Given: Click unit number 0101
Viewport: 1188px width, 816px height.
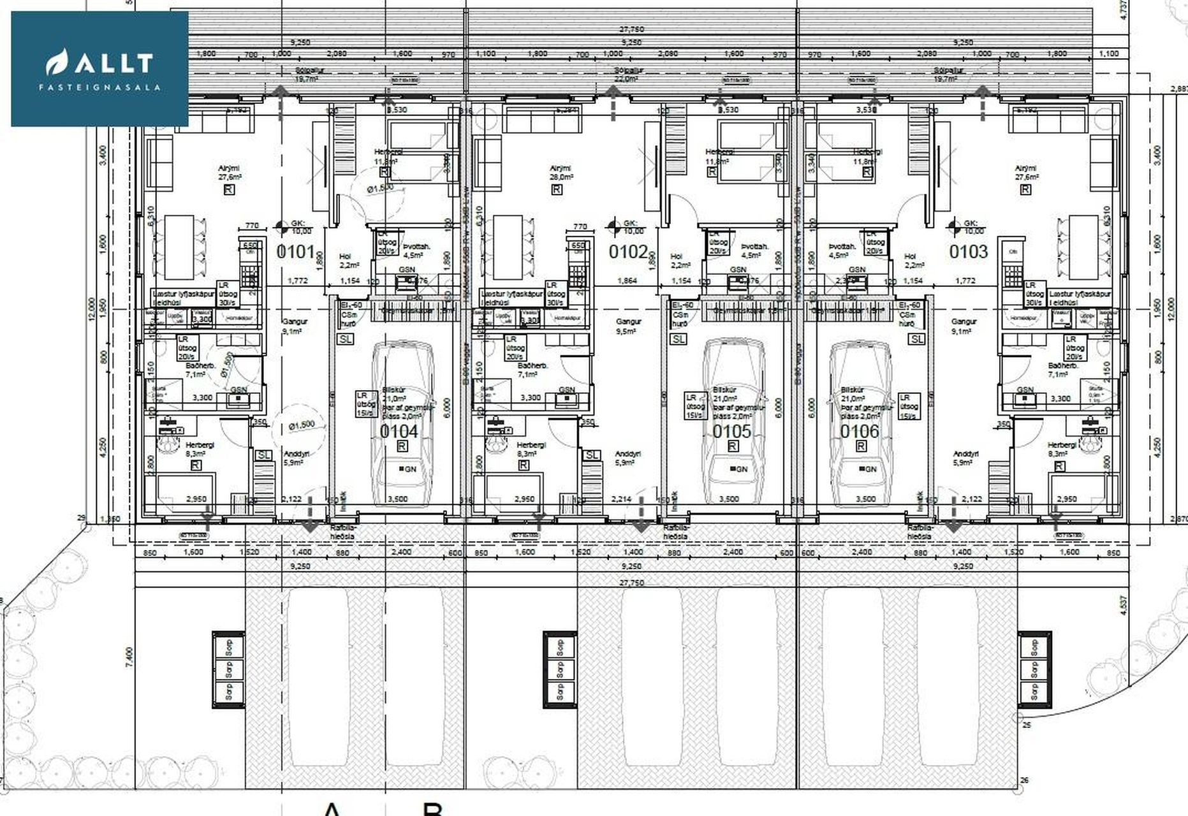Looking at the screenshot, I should click(296, 251).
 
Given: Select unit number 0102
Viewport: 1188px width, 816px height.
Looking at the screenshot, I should click(628, 252).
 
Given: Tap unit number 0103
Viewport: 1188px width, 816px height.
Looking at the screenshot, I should click(968, 252).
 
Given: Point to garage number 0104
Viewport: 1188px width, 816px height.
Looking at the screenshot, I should click(399, 432).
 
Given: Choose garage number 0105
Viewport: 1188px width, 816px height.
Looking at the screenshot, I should click(731, 432).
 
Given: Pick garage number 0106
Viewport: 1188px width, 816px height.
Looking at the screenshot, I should click(859, 432).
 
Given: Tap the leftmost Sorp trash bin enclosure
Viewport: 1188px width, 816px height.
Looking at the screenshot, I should click(228, 669).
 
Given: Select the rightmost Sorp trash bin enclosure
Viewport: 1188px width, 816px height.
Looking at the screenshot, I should click(1034, 669).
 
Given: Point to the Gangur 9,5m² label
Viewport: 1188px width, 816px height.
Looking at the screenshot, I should click(628, 326).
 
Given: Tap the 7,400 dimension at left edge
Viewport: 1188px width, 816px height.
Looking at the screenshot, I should click(130, 656).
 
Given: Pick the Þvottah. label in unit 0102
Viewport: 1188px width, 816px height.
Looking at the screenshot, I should click(755, 251).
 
